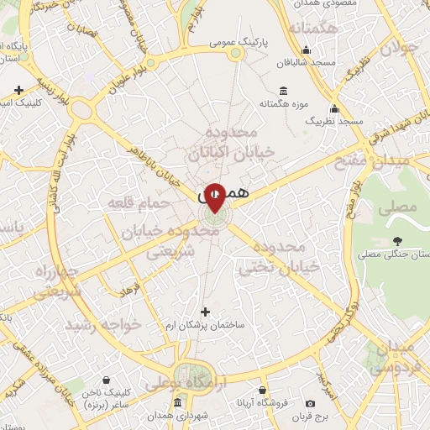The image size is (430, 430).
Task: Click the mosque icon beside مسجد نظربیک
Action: pyautogui.click(x=335, y=108)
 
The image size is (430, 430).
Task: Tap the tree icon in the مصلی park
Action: pyautogui.click(x=396, y=240)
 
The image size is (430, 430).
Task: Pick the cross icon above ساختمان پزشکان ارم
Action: pyautogui.click(x=205, y=312)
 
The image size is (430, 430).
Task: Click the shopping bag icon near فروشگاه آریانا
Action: pyautogui.click(x=262, y=390)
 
